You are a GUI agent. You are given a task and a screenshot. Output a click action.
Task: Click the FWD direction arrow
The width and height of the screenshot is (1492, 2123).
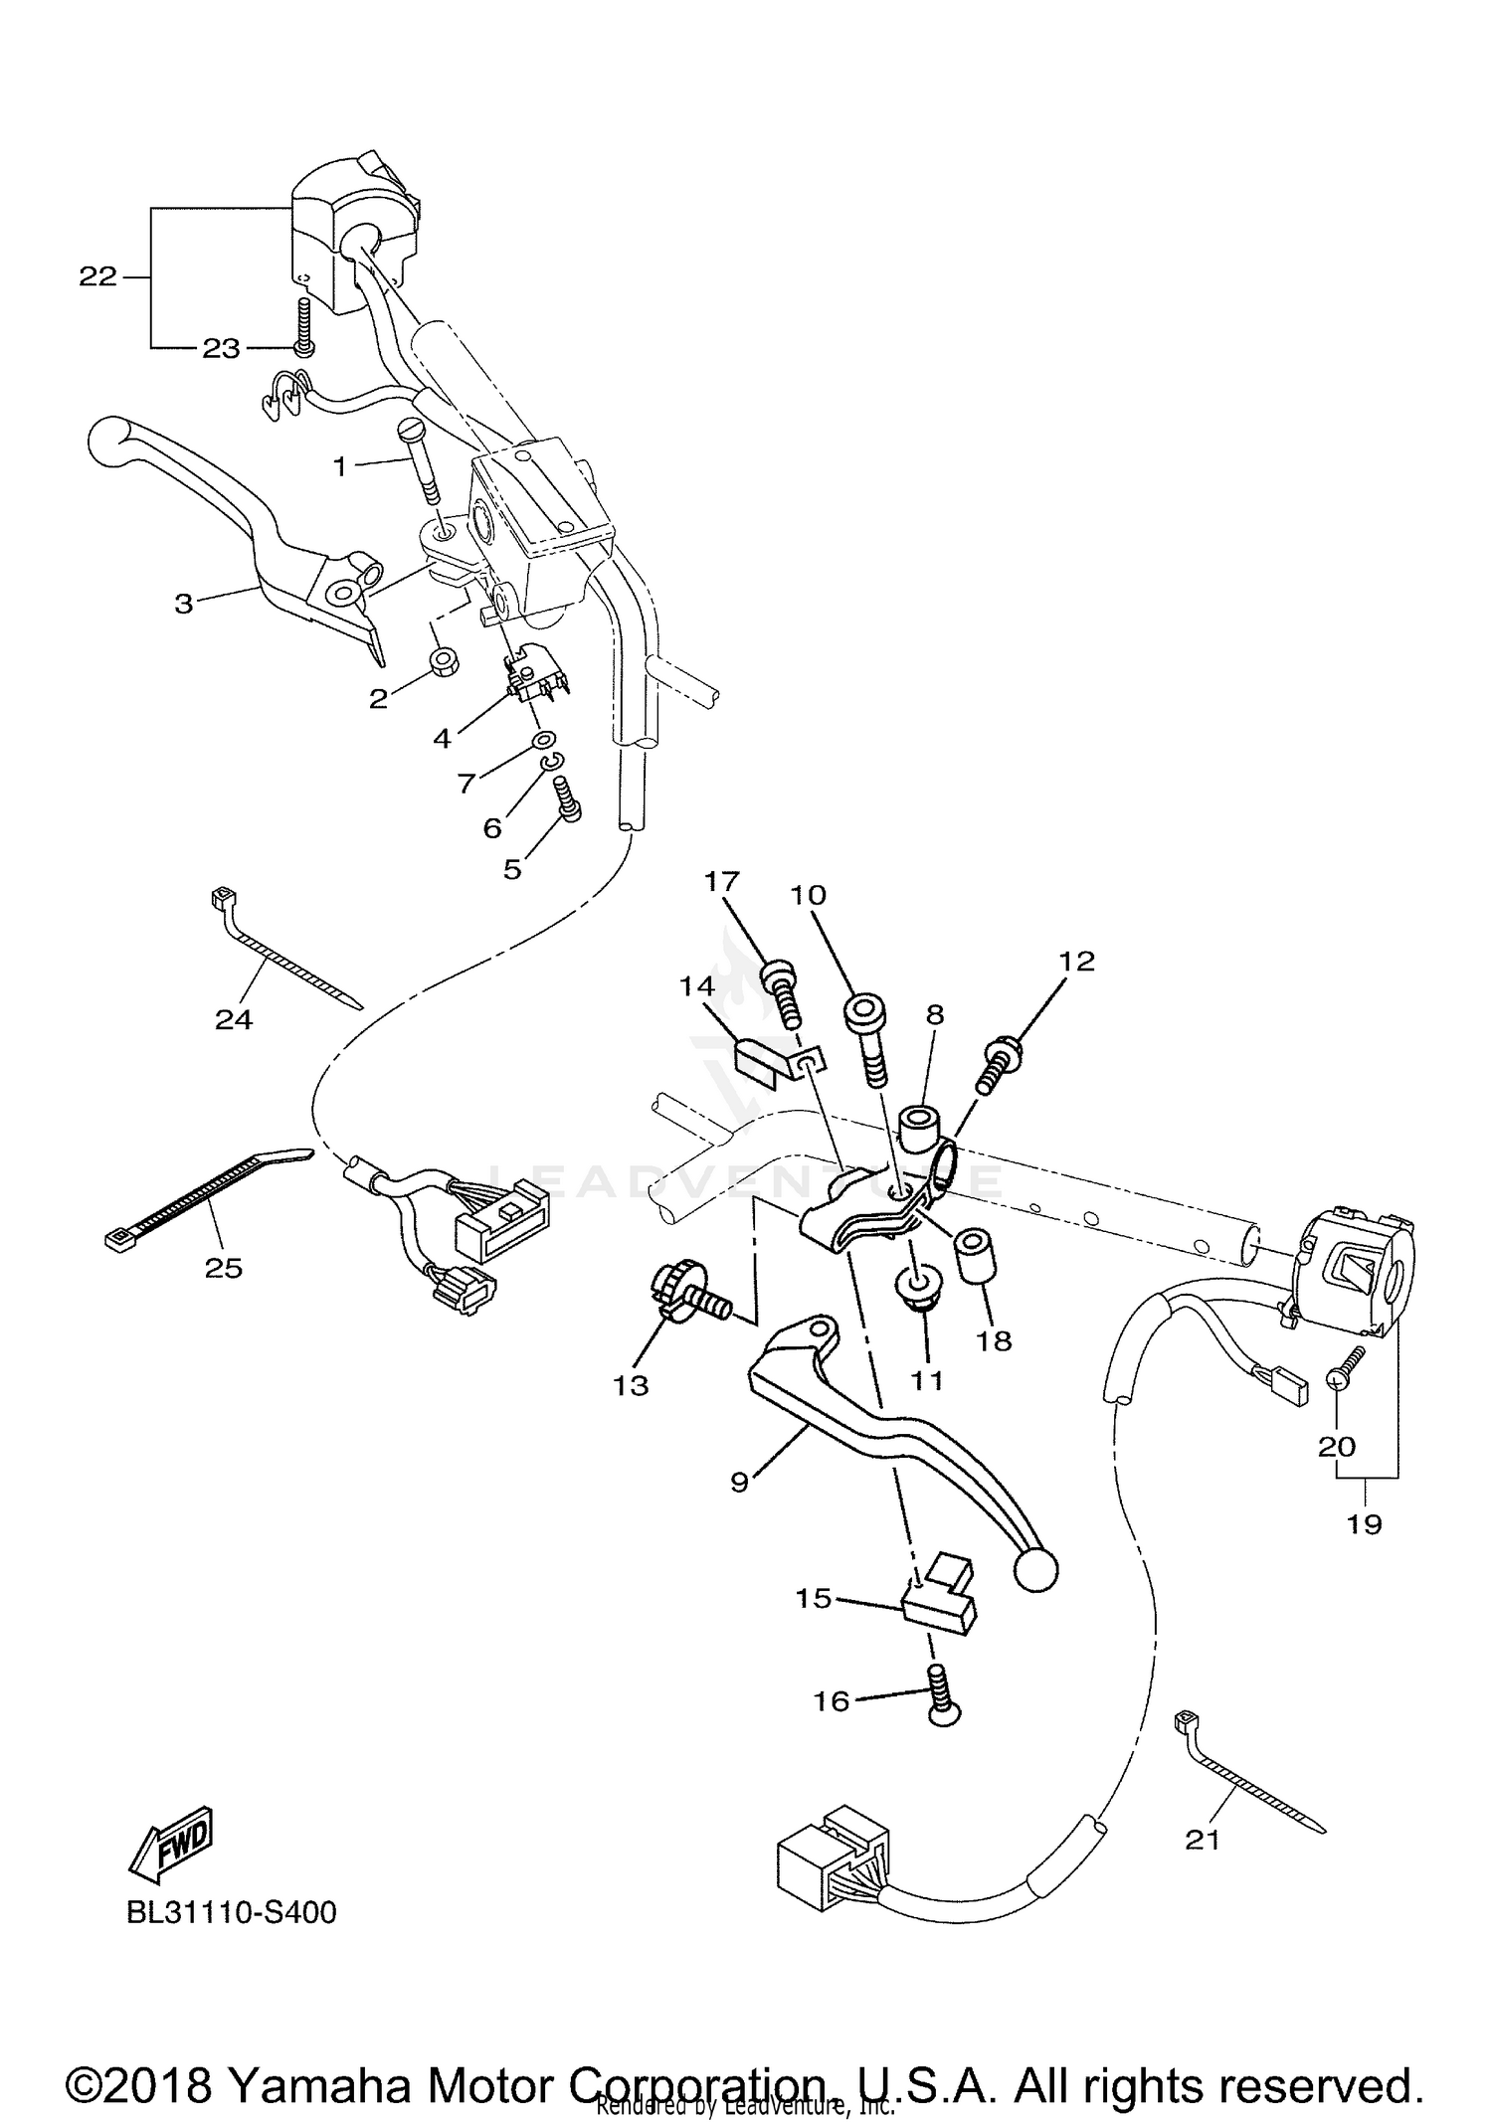tap(170, 1843)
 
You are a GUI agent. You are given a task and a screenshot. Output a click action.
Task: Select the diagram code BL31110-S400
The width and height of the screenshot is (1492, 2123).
tap(231, 1912)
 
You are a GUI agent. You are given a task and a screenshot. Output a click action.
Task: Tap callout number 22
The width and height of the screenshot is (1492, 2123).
tap(97, 276)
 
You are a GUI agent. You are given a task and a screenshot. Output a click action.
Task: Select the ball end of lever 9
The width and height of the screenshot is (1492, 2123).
tap(1035, 1570)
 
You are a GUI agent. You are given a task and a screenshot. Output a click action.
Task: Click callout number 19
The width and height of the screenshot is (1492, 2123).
tap(1364, 1522)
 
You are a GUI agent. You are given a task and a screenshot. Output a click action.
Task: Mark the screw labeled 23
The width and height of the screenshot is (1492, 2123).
tap(301, 332)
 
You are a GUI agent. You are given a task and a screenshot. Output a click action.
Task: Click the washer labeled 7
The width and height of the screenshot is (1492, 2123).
tap(543, 740)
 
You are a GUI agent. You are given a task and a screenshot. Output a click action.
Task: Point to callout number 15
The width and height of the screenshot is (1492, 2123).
tap(813, 1599)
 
